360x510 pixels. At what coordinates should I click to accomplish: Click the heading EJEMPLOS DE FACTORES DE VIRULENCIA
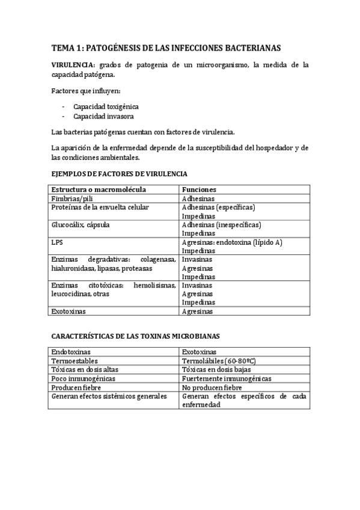point(119,173)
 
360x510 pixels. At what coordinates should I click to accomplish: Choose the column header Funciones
point(199,189)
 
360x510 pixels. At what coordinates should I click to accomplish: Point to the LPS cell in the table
point(58,242)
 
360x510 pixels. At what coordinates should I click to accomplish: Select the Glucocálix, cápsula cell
point(81,224)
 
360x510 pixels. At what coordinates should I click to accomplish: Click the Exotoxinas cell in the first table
point(69,312)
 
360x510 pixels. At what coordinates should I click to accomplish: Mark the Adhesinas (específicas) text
point(218,207)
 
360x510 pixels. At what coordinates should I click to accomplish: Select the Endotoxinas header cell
point(72,352)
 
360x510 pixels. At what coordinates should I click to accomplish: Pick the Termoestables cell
point(75,361)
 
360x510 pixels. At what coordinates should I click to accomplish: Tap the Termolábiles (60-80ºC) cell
point(219,361)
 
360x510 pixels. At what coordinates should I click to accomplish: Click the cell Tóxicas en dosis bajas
point(218,370)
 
